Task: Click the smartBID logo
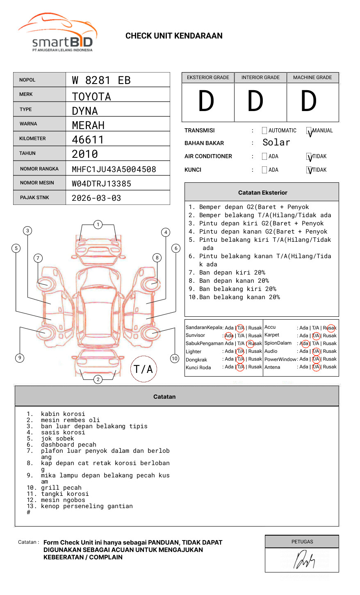(x=58, y=33)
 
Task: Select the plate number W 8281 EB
(x=101, y=80)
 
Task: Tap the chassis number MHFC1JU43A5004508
(x=114, y=169)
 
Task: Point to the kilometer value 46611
(x=88, y=140)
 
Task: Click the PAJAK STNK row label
(x=34, y=198)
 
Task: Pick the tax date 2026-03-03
(x=96, y=198)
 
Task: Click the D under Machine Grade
(x=308, y=102)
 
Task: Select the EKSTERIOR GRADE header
(x=208, y=77)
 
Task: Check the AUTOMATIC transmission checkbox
(x=264, y=131)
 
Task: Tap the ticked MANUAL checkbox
(x=309, y=131)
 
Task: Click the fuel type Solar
(x=276, y=143)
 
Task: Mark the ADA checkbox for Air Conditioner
(x=264, y=157)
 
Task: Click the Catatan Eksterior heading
(x=262, y=193)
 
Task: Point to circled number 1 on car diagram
(x=98, y=225)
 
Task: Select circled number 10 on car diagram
(x=175, y=359)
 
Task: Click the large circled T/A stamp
(x=143, y=369)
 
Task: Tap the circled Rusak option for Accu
(x=330, y=328)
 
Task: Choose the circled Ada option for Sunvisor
(x=229, y=336)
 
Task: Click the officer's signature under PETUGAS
(x=304, y=560)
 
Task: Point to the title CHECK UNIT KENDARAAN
(x=174, y=36)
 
